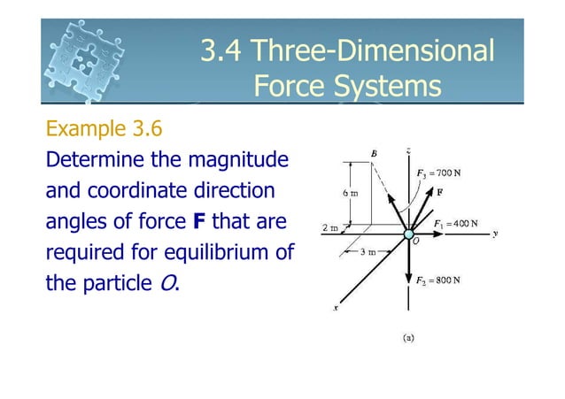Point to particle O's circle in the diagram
409,236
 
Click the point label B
375,154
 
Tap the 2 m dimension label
329,227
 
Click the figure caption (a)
408,336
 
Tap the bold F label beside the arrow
439,191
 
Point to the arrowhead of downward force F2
409,296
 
